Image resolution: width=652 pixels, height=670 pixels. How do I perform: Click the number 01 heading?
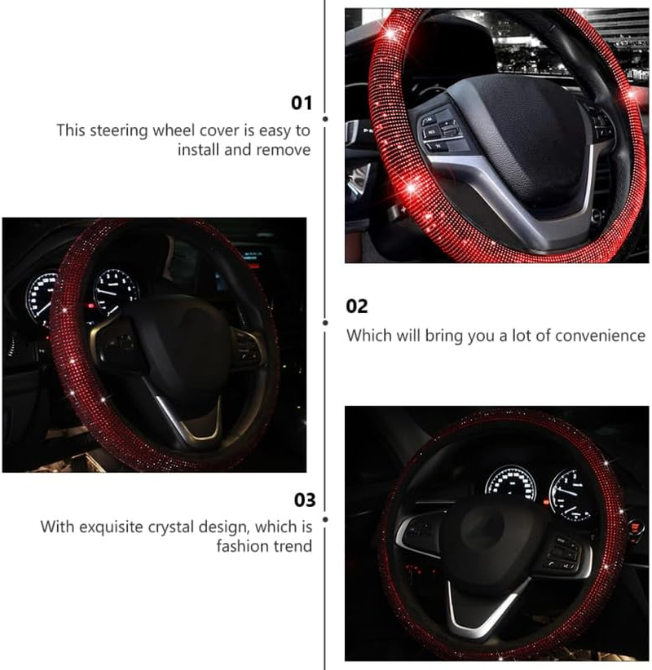point(302,103)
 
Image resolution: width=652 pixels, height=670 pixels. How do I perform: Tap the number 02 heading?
point(357,306)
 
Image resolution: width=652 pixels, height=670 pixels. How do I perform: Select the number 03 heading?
point(304,500)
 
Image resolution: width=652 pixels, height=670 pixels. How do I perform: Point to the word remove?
point(284,150)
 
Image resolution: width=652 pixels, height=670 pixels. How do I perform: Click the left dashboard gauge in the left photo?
point(42,298)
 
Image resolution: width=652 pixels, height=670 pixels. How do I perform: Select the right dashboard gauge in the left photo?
point(115,291)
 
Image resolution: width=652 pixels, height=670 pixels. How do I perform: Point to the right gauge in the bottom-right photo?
point(570,493)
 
